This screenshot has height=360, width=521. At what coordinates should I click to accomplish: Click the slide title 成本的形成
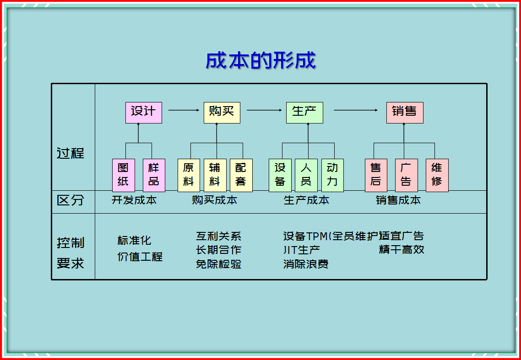260,61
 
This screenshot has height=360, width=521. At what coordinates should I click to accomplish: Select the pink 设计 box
143,113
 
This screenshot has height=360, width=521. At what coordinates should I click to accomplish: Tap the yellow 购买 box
222,113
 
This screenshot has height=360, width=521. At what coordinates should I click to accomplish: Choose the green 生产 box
304,113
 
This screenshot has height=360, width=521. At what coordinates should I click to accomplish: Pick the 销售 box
404,113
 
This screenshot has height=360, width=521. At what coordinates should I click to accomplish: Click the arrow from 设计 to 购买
185,110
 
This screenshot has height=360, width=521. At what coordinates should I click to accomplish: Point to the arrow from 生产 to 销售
356,110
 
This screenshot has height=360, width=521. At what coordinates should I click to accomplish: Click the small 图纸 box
123,175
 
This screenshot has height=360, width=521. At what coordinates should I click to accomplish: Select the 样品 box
154,175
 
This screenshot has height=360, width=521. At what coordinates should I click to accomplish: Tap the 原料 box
188,175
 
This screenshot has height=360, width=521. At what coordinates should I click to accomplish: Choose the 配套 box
241,175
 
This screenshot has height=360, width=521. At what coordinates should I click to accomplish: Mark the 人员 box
306,175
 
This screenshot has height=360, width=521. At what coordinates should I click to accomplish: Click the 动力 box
332,175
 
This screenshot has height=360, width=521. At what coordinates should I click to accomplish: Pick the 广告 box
406,175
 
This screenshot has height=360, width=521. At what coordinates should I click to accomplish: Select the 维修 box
437,175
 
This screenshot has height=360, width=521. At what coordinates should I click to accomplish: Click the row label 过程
71,153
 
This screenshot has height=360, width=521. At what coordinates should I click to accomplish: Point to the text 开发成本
134,200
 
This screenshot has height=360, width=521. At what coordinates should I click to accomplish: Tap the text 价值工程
140,257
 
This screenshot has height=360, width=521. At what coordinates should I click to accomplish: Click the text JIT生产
302,250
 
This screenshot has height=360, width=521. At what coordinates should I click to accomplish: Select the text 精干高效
402,250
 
